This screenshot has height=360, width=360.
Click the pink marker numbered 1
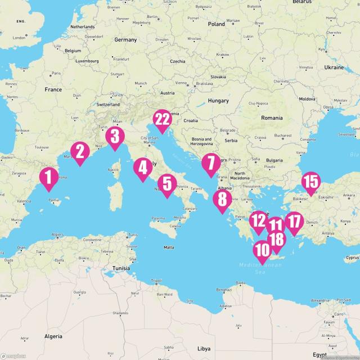coord(48,178)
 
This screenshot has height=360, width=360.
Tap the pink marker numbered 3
coord(115,137)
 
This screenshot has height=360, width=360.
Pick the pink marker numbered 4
coord(142,168)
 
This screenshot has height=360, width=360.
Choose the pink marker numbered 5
coord(167,184)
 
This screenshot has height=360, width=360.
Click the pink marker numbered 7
coord(211,164)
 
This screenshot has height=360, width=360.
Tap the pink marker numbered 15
coord(310,182)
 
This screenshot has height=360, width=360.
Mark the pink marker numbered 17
coord(294,220)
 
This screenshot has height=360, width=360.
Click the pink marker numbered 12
coord(259,220)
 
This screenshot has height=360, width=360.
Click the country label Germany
coord(125,40)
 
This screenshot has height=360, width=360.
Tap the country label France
coord(53,89)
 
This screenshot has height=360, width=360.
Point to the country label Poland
coord(216,24)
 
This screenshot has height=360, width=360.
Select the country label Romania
coord(272,118)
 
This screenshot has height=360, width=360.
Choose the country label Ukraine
coord(334,67)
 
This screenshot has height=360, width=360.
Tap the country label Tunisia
coord(121,268)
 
